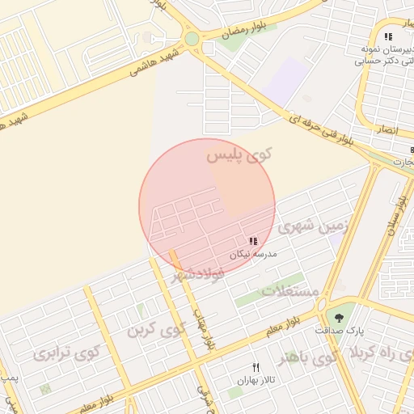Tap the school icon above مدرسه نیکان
(253, 241)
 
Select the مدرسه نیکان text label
(253, 254)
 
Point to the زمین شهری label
(310, 228)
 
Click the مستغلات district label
(292, 290)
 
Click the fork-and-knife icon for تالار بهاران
(256, 368)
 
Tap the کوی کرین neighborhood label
(157, 330)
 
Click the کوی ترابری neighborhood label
(65, 353)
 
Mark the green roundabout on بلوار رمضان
(192, 38)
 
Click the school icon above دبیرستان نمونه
(388, 36)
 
